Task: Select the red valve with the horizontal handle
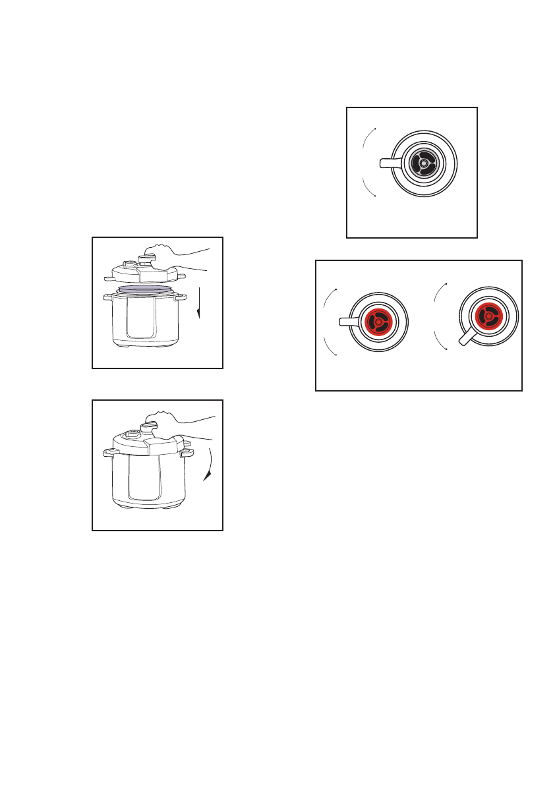click(x=378, y=322)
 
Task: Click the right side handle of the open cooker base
click(x=181, y=298)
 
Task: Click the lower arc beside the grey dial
click(x=366, y=187)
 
